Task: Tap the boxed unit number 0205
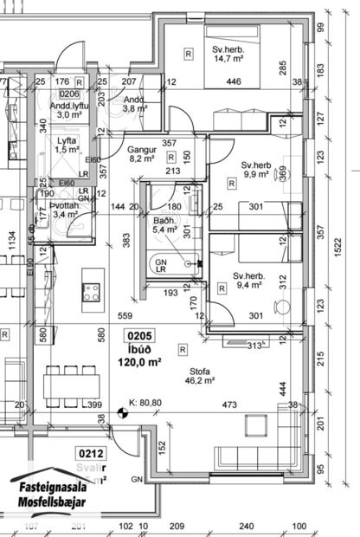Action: click(x=142, y=337)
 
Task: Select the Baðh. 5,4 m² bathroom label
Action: click(x=165, y=225)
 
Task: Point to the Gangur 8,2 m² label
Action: click(x=141, y=153)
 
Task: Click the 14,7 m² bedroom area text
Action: click(x=228, y=60)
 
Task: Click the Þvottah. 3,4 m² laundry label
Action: click(x=65, y=209)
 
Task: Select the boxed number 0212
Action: click(x=91, y=452)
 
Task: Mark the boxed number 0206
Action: click(x=69, y=94)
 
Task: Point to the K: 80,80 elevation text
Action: click(x=147, y=402)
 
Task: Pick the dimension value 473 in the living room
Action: click(x=229, y=404)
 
